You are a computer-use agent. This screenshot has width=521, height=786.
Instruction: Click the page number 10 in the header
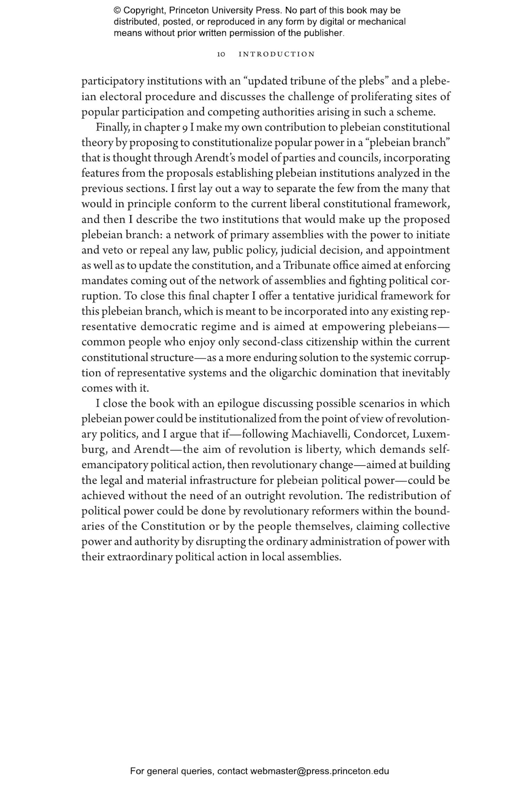coord(221,54)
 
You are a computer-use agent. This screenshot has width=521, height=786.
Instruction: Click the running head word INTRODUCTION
coord(276,54)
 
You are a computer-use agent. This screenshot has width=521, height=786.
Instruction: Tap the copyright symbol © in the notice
coord(117,10)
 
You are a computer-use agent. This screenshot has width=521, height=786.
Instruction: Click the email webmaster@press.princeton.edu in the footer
coord(319,771)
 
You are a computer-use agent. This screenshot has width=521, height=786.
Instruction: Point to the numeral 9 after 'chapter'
coord(185,128)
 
